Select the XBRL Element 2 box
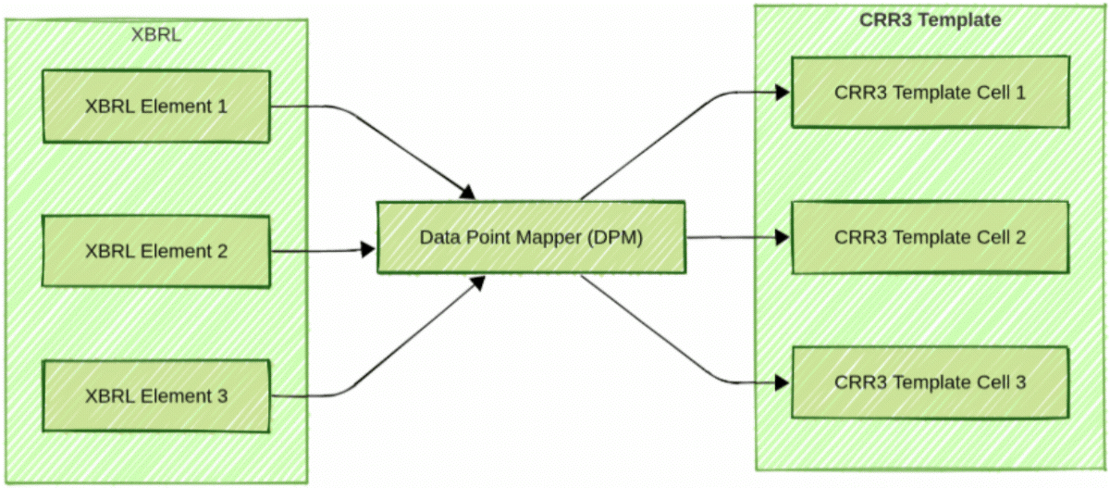tap(156, 251)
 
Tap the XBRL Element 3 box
tap(156, 396)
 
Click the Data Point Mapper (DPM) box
tap(531, 237)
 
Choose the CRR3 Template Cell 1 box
tap(930, 93)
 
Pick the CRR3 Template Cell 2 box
tap(930, 238)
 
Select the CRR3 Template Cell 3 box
tap(930, 382)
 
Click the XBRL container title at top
tap(156, 35)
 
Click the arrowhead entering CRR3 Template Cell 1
tap(782, 92)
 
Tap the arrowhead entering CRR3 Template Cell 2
tap(782, 238)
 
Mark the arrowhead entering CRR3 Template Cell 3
tap(782, 382)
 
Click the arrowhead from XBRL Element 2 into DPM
tap(367, 249)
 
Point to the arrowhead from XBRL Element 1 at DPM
tap(468, 192)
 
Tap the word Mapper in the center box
tap(551, 237)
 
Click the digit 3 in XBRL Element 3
tap(222, 396)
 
